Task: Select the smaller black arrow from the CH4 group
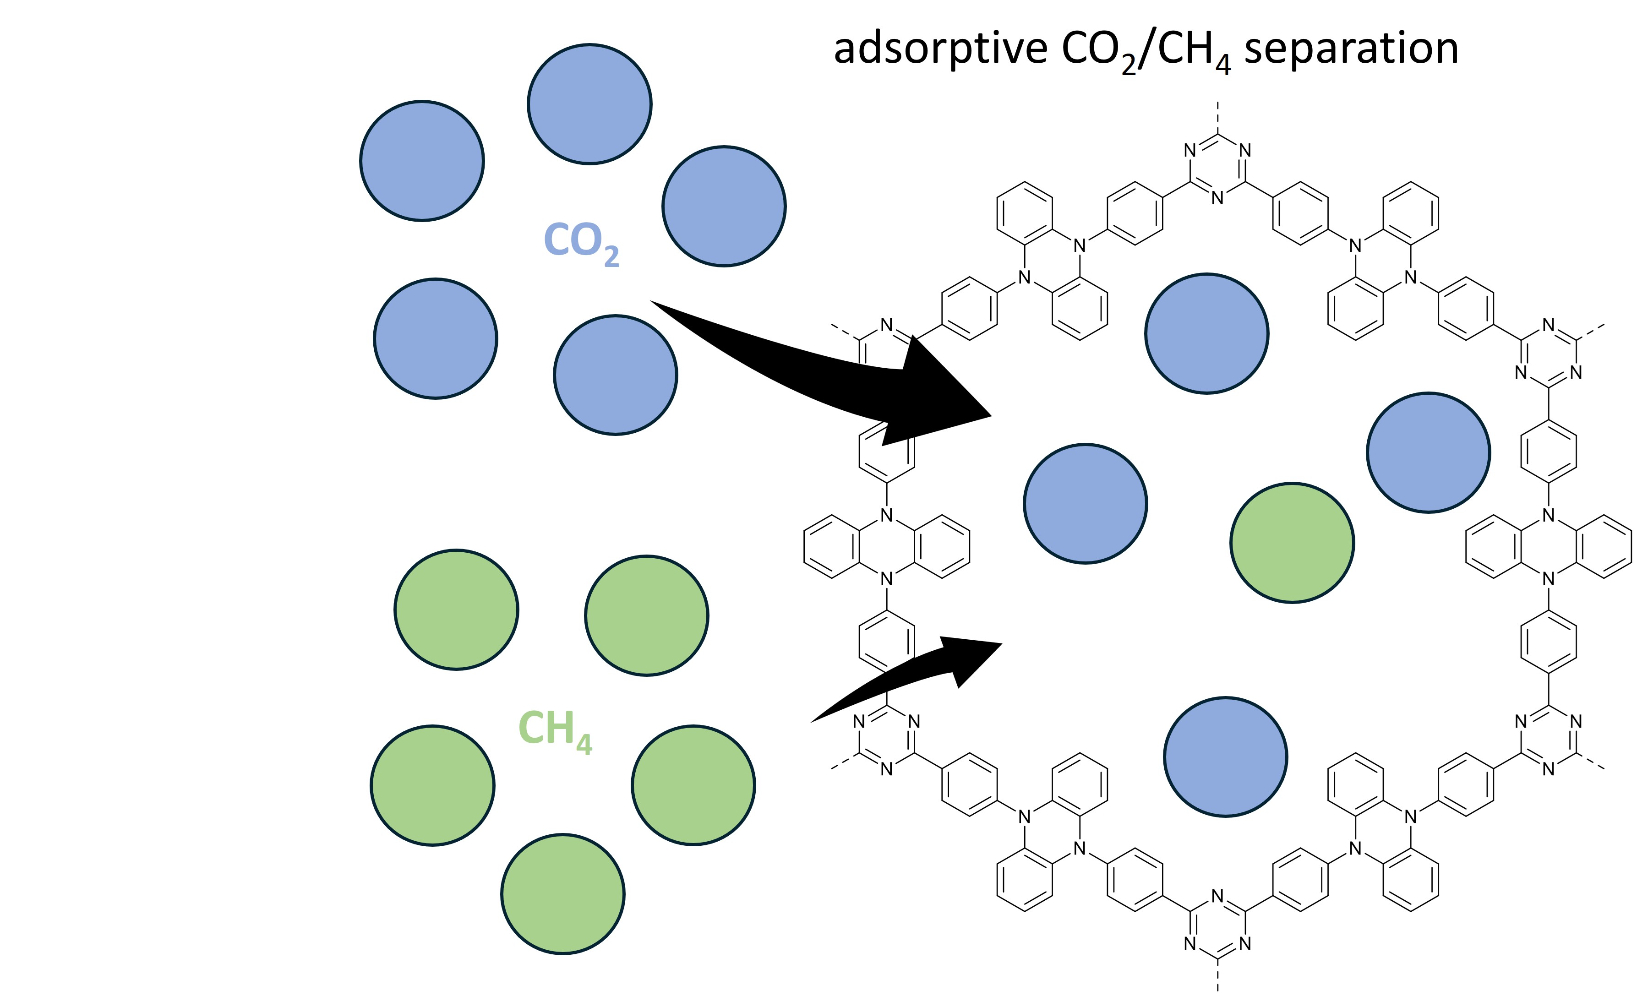point(917,678)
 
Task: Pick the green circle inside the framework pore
point(1292,543)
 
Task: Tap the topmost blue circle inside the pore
point(1206,333)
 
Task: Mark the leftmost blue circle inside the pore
point(1085,504)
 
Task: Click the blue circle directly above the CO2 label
point(589,104)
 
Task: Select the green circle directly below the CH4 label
point(563,894)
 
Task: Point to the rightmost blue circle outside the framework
point(724,206)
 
